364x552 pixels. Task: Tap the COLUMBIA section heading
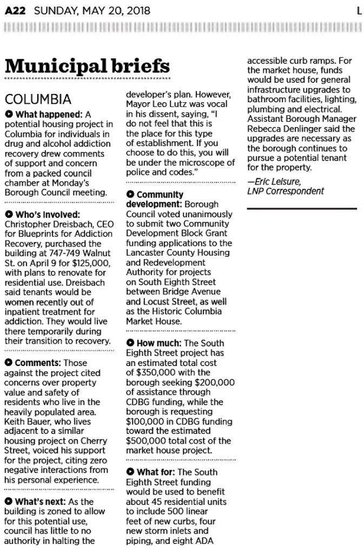(x=37, y=99)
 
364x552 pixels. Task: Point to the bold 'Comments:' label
(x=39, y=363)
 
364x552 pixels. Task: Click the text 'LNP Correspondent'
(x=286, y=191)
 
